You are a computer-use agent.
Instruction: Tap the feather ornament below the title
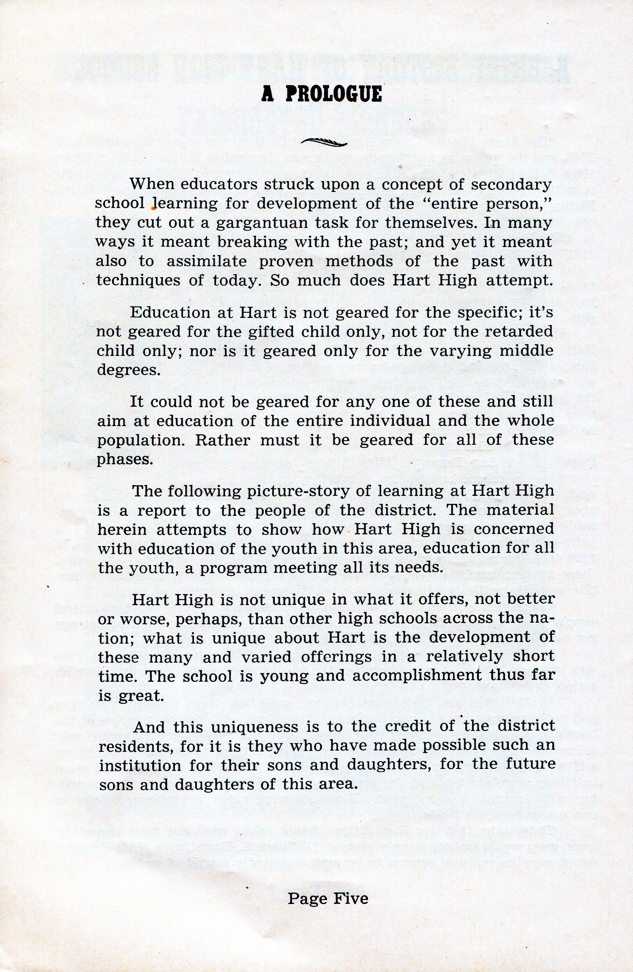click(324, 142)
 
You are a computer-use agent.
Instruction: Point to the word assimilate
click(207, 261)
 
